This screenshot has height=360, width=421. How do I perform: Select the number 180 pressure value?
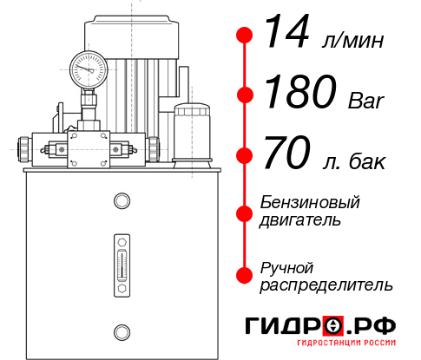coord(301,94)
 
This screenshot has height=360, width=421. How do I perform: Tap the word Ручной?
coord(286,266)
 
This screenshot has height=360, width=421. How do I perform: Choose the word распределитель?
coord(326,284)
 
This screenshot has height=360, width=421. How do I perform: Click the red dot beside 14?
coord(245,36)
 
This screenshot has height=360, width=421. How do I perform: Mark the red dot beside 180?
coord(245,95)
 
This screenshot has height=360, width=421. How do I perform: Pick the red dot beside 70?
coord(245,156)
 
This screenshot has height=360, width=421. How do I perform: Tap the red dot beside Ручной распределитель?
coord(245,274)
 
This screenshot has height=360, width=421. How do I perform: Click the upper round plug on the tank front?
coord(121,201)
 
